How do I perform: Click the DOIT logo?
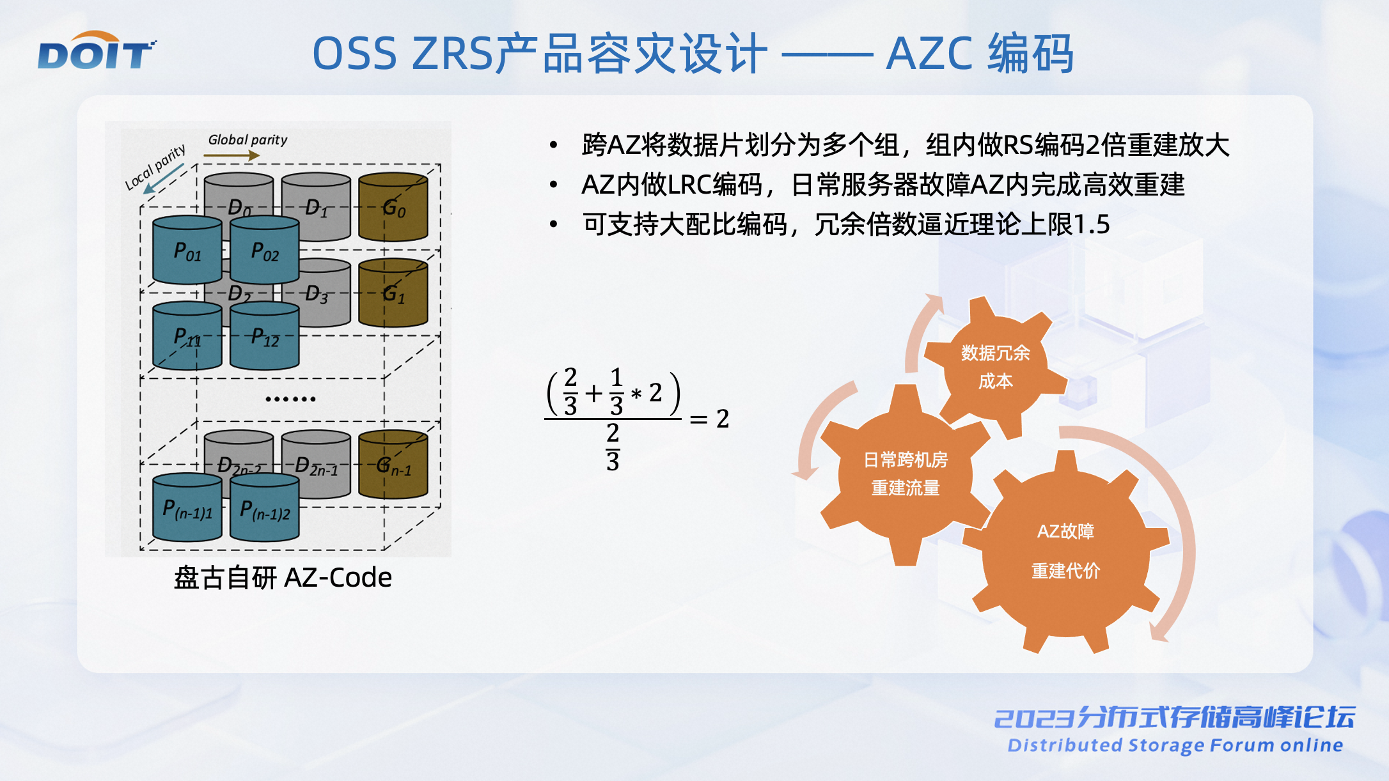point(97,50)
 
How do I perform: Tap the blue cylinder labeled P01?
point(187,250)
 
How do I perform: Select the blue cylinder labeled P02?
point(265,250)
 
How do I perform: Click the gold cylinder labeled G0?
point(393,206)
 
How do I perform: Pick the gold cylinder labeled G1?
point(393,293)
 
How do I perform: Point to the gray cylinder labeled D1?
point(316,206)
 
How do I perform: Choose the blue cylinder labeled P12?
point(265,336)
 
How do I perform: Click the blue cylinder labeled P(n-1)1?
point(187,507)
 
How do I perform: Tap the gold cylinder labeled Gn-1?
point(393,464)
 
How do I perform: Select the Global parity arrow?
point(231,155)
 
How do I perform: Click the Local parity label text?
point(155,167)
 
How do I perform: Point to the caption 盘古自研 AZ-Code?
point(283,578)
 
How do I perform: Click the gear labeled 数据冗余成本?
point(995,367)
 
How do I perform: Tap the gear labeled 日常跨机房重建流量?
point(906,474)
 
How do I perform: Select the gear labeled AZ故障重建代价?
point(1065,552)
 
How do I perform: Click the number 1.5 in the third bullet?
point(1091,224)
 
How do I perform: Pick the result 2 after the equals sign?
point(723,419)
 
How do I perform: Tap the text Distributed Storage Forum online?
point(1175,745)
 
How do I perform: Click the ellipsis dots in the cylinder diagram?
point(290,399)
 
